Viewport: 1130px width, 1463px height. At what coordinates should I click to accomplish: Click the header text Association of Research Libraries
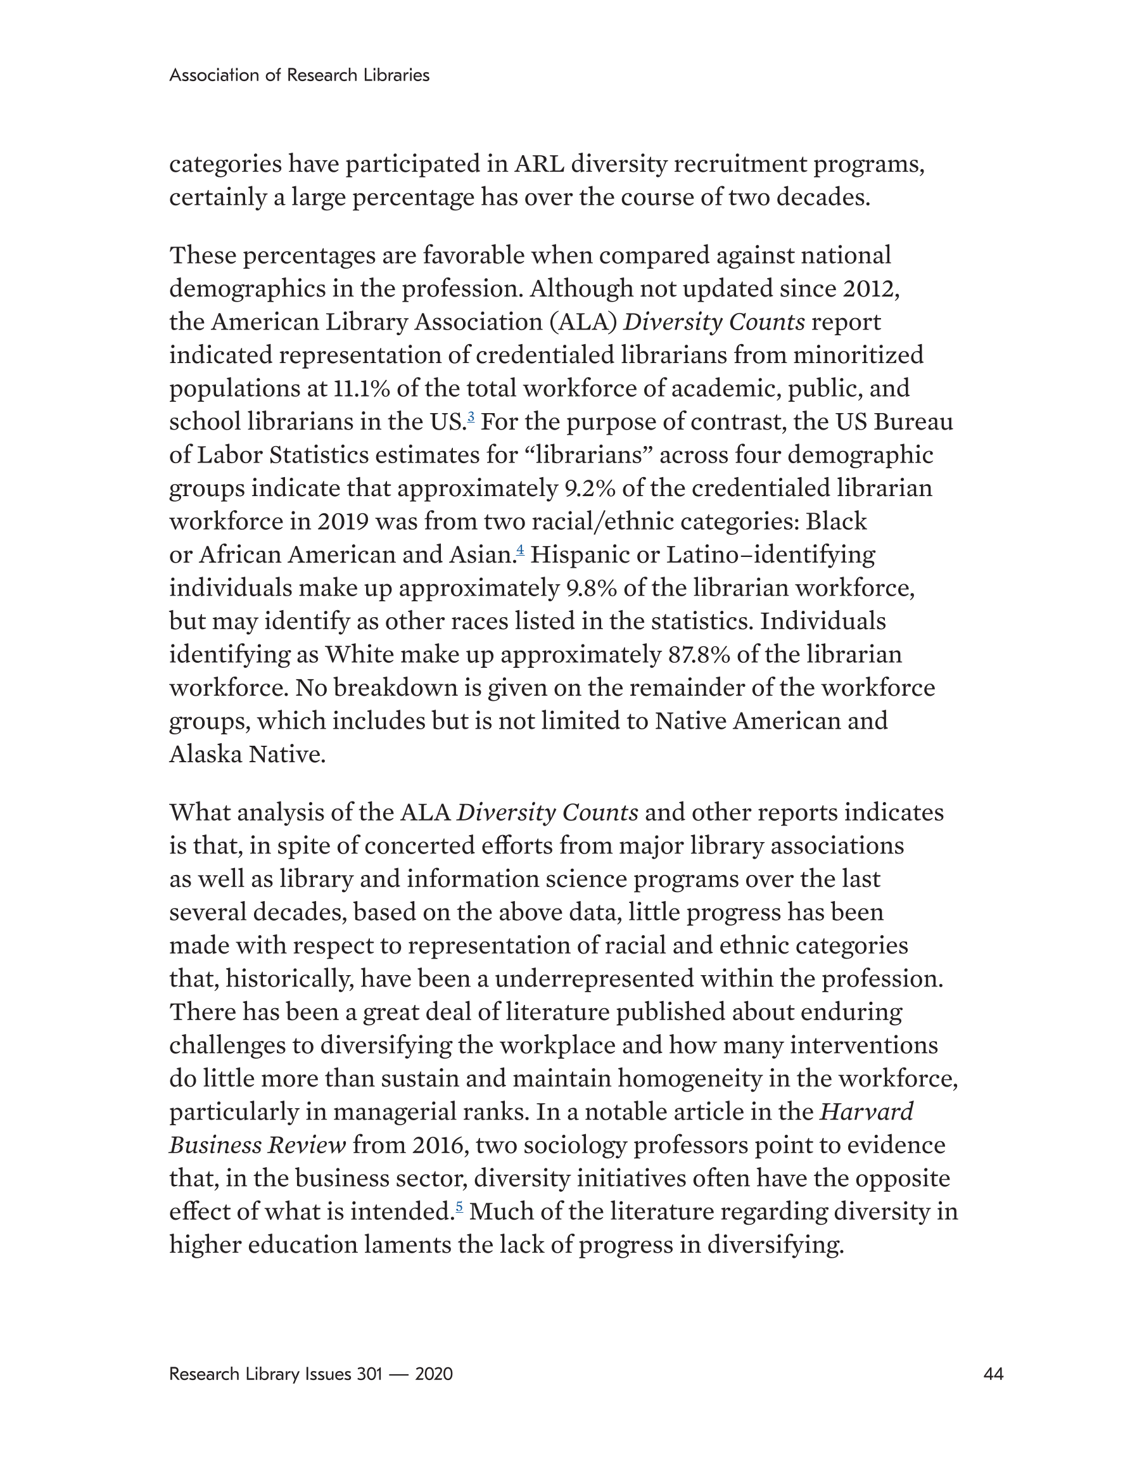pyautogui.click(x=299, y=75)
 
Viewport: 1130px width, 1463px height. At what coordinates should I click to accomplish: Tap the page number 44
pyautogui.click(x=993, y=1374)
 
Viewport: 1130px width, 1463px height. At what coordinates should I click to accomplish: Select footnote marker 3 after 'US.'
pyautogui.click(x=471, y=418)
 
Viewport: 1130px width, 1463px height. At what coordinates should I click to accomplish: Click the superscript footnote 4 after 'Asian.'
pyautogui.click(x=520, y=551)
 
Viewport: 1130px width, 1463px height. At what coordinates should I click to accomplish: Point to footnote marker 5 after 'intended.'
pyautogui.click(x=459, y=1207)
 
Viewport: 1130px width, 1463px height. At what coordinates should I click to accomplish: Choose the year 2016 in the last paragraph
pyautogui.click(x=439, y=1145)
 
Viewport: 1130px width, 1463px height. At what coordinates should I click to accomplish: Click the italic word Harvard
pyautogui.click(x=866, y=1112)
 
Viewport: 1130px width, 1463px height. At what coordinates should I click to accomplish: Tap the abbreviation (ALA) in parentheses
pyautogui.click(x=583, y=323)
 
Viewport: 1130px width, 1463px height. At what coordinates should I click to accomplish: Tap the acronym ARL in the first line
pyautogui.click(x=539, y=164)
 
